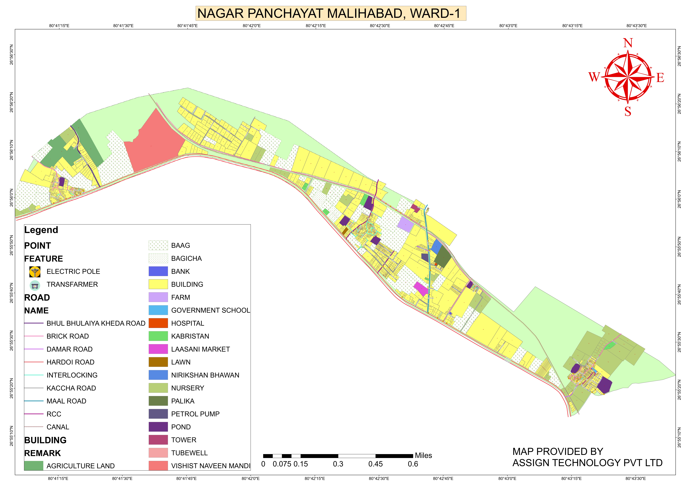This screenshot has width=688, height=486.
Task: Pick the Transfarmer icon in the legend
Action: [35, 285]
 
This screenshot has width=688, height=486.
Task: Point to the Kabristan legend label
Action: [190, 336]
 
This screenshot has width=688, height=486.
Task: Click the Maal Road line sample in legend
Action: [34, 401]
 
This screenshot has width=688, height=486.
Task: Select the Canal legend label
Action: [58, 427]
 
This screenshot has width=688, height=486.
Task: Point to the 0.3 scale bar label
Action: [338, 464]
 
